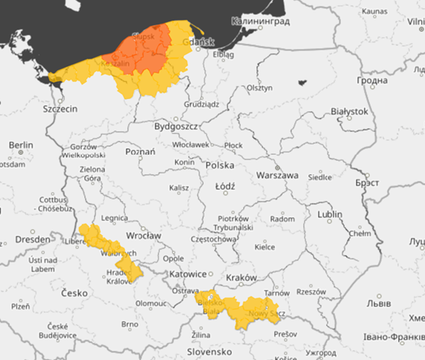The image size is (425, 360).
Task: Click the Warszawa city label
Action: click(x=277, y=175)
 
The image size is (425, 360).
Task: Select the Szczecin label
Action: click(x=60, y=109)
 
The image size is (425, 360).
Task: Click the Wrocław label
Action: click(x=144, y=236)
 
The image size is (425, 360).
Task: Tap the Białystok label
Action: click(x=350, y=111)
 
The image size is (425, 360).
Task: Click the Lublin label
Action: click(x=329, y=214)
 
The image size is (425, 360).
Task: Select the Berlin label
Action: click(x=20, y=145)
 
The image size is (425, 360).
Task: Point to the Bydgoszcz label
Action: click(x=177, y=127)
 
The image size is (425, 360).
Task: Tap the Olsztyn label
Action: click(x=259, y=87)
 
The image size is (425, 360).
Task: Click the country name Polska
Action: click(x=220, y=165)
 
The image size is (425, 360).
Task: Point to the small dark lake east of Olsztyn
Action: click(x=303, y=82)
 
